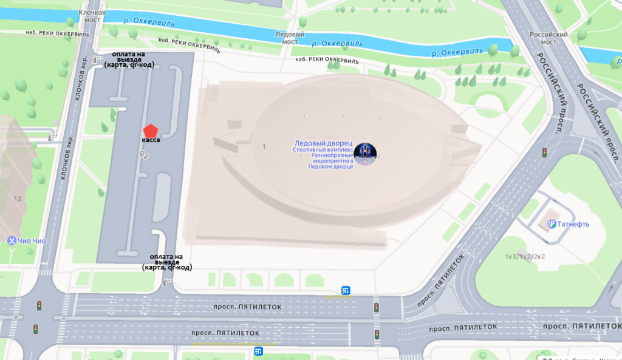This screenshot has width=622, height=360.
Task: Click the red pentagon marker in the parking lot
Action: click(x=150, y=130)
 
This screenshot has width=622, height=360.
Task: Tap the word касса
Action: click(x=151, y=140)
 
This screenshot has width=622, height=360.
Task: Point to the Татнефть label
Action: click(x=573, y=224)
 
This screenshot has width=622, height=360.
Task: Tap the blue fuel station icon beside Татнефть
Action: click(x=552, y=224)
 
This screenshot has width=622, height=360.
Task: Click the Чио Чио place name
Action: click(x=32, y=240)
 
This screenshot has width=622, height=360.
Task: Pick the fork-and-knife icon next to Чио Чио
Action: click(x=11, y=240)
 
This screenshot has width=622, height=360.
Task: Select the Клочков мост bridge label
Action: click(x=92, y=16)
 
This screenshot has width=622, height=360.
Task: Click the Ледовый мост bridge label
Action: click(x=290, y=38)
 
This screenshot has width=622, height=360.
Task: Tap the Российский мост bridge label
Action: click(x=549, y=38)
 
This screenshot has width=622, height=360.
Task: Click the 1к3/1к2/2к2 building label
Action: click(x=525, y=256)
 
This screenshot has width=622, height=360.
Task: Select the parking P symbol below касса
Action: click(x=143, y=155)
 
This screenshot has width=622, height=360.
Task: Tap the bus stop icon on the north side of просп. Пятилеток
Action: click(x=345, y=290)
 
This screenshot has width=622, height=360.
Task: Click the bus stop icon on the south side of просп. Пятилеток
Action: click(x=259, y=351)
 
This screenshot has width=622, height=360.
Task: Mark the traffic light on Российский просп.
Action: click(x=544, y=152)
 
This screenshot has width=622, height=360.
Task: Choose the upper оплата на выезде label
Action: click(x=129, y=59)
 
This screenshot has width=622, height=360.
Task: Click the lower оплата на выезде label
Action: click(x=167, y=262)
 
